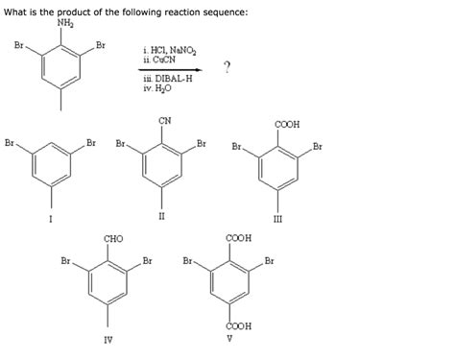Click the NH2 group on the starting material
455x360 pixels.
64,24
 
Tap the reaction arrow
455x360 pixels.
171,69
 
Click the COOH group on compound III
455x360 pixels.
284,125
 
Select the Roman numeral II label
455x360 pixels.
162,215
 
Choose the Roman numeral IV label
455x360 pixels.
108,338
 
